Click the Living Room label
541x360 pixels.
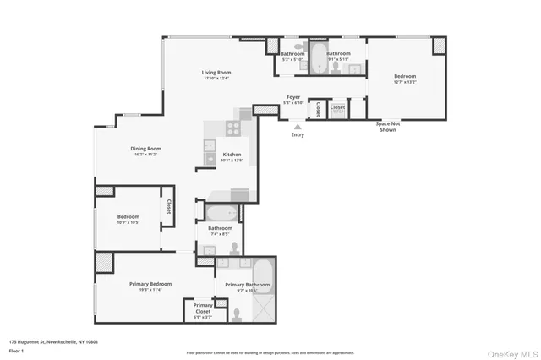216,73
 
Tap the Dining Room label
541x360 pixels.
146,149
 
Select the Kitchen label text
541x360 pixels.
232,155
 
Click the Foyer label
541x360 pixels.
292,97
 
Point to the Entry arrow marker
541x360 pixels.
298,126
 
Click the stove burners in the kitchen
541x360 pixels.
234,128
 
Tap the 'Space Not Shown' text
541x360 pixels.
387,128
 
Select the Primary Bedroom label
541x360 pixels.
150,284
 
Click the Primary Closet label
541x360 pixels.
203,308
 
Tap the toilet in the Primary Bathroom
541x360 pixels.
237,314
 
